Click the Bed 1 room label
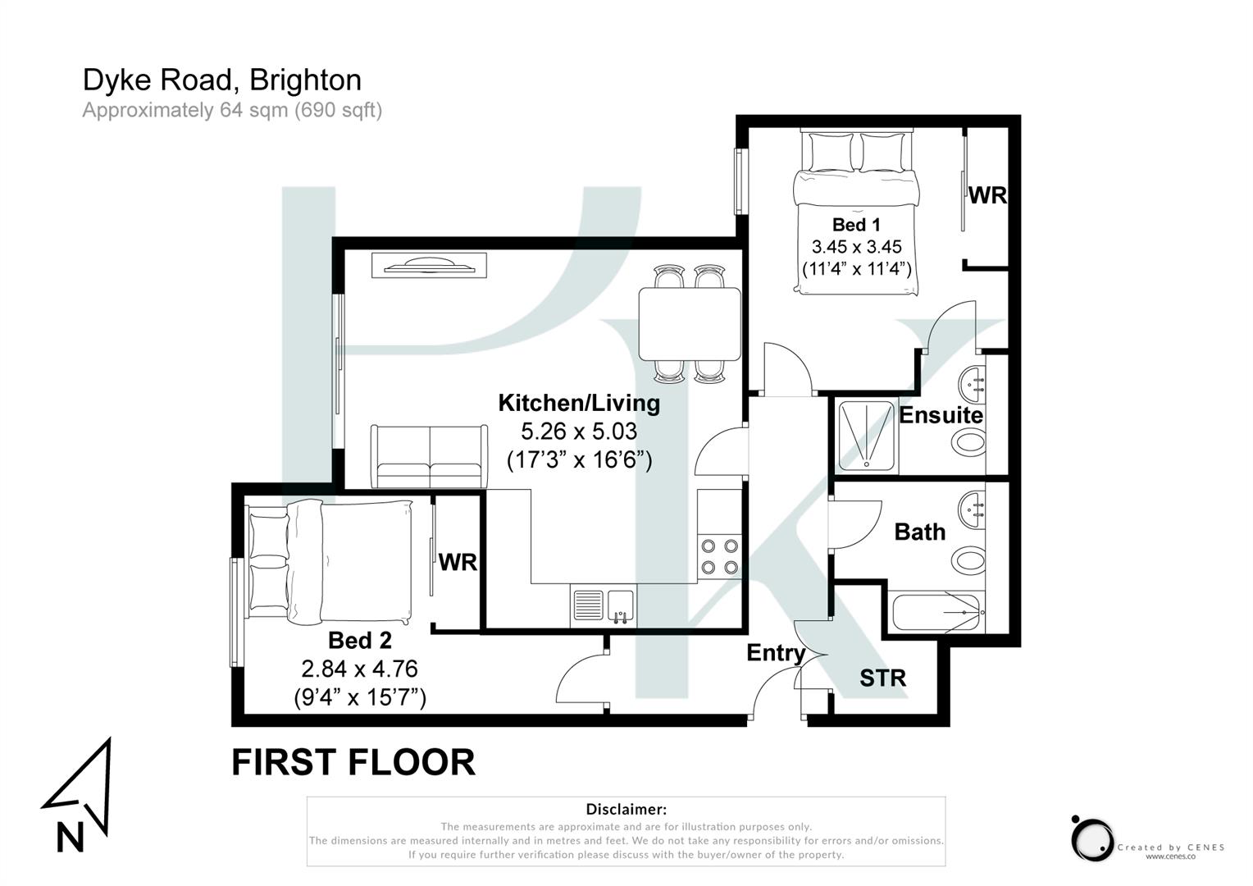point(855,224)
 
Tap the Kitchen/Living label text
point(579,403)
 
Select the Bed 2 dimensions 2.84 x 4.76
point(360,669)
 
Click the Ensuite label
point(941,415)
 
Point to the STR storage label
point(882,678)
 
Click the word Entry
point(775,653)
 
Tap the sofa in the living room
point(429,455)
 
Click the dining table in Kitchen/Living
point(690,324)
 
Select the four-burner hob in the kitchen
point(720,556)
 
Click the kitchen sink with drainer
point(603,608)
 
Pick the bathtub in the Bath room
point(937,612)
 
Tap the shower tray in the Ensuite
point(868,436)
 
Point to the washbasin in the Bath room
point(973,509)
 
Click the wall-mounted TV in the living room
point(430,265)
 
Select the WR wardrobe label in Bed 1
point(987,195)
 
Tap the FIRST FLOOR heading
point(353,762)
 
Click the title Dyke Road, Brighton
point(221,80)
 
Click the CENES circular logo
point(1091,838)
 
